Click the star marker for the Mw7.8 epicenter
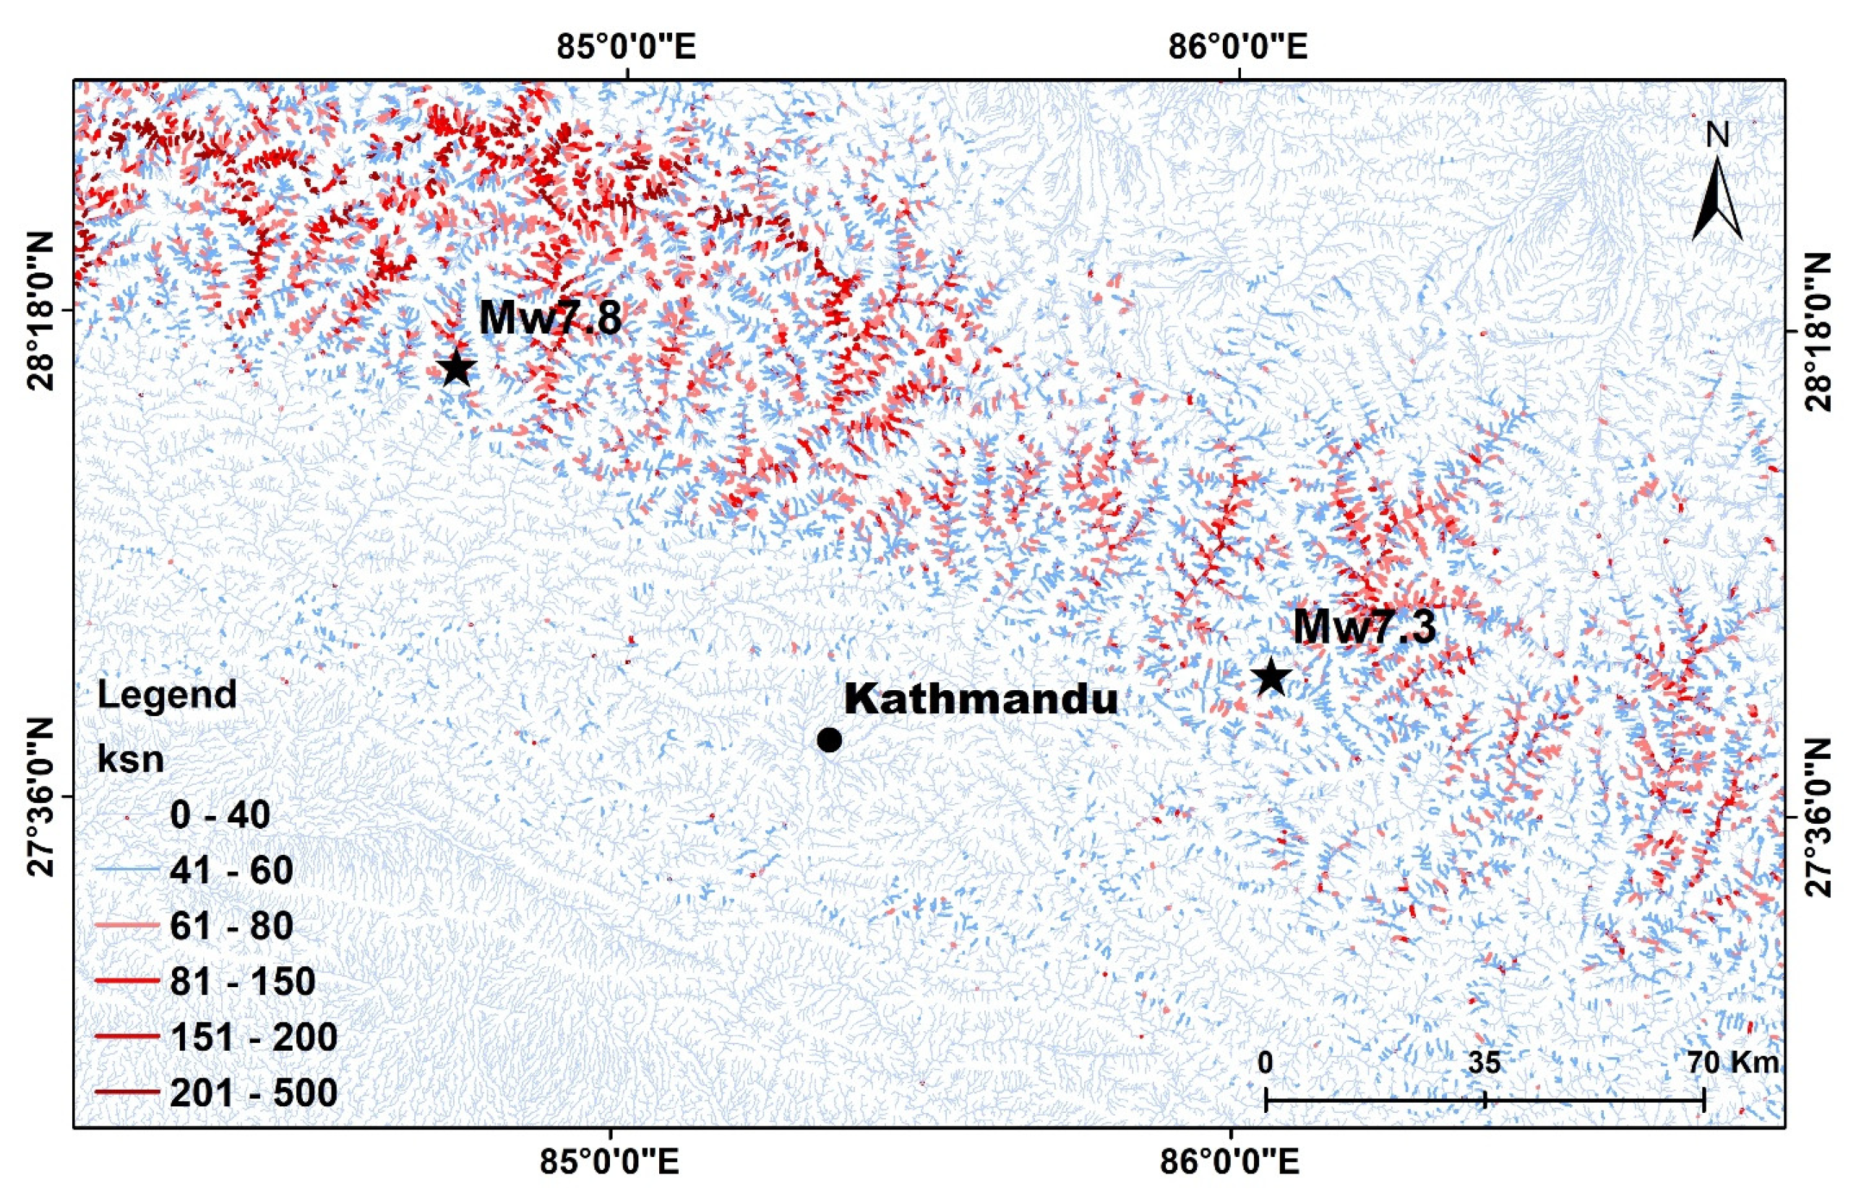pos(457,369)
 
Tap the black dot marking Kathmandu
pos(829,740)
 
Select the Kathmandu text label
pos(981,699)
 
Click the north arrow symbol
pos(1717,198)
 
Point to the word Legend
pos(167,694)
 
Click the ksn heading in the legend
pos(130,758)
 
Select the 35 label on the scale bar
pos(1484,1062)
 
